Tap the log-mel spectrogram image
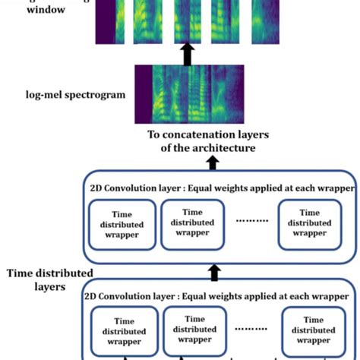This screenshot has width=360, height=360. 190,94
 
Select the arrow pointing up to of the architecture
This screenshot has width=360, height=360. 213,163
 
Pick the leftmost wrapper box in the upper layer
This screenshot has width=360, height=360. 121,224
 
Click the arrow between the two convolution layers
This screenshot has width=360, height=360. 215,273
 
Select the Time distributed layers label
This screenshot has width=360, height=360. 49,279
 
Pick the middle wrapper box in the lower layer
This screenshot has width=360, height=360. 194,331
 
